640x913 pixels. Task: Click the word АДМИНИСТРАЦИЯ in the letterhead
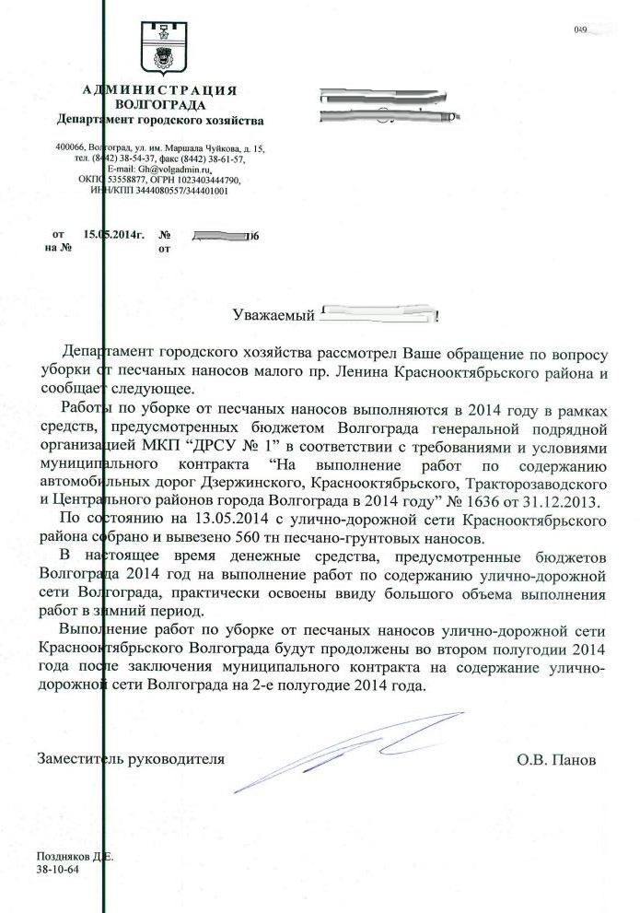pos(159,89)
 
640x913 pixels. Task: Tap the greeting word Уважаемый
pos(272,316)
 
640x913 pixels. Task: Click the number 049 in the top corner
pos(580,30)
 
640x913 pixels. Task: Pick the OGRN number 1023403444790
pos(208,180)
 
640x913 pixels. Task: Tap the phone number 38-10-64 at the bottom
pos(57,869)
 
